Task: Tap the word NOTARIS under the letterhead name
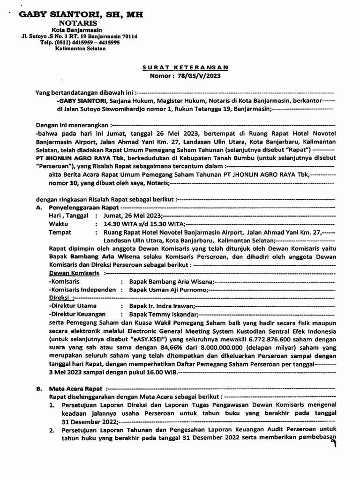(x=78, y=23)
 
